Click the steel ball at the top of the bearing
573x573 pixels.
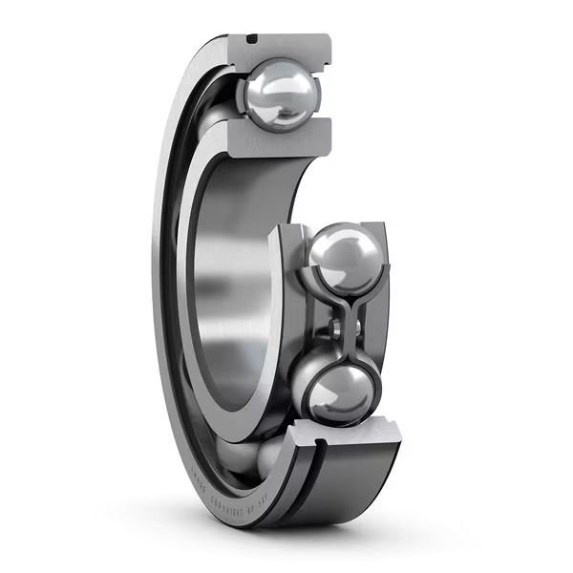coord(278,94)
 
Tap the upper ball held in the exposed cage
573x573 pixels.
coord(343,258)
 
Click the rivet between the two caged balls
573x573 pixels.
coord(336,329)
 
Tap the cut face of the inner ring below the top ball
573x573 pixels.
coord(278,137)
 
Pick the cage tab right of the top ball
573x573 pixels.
coord(320,95)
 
